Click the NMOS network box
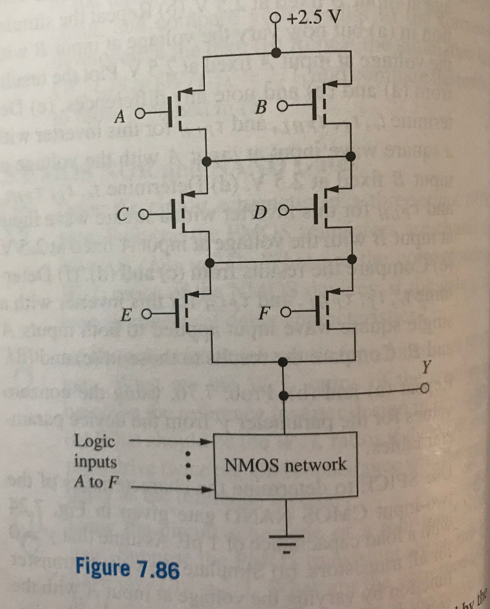pos(285,464)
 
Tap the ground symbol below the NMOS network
pos(286,540)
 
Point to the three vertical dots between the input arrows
pos(189,466)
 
